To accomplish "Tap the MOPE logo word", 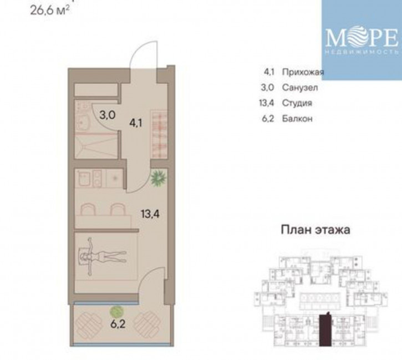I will (361, 38).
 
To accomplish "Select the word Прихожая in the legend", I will (302, 72).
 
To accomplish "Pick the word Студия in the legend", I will (297, 103).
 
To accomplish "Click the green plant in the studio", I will (159, 179).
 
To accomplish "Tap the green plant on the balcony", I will (116, 311).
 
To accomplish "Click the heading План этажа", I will (316, 230).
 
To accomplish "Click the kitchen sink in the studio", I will (84, 179).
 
